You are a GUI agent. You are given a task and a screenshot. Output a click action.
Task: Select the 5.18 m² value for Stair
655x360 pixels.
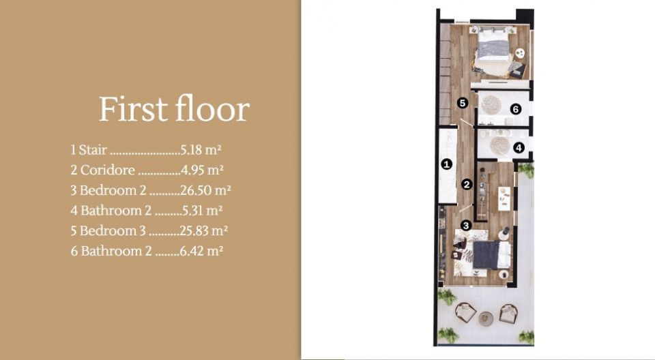coord(201,149)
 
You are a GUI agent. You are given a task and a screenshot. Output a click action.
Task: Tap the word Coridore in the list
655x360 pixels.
coord(107,170)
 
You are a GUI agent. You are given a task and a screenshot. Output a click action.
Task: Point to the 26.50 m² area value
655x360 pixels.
coord(205,190)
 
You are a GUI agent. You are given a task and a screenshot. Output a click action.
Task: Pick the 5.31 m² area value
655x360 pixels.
coord(202,210)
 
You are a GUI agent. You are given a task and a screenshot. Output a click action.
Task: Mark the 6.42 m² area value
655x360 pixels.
coord(201,251)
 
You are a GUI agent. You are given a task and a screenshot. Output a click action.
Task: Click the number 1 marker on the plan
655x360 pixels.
coord(446,164)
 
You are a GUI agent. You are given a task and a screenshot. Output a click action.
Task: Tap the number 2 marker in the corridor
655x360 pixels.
coord(467,184)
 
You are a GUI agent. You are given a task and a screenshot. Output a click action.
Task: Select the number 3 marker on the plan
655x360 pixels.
coord(466,226)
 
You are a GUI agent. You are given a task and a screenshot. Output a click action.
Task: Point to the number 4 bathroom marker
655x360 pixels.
coord(519,147)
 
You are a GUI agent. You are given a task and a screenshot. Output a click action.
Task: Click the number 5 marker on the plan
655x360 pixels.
coord(461,103)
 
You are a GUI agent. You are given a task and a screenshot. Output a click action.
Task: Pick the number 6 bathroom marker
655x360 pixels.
coord(516,109)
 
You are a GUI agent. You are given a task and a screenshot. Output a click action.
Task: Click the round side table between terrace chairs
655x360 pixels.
coord(486,318)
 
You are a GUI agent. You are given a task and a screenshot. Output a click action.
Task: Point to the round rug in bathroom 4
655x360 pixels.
coord(499,145)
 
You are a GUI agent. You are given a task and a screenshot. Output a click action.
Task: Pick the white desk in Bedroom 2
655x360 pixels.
coord(504,198)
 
